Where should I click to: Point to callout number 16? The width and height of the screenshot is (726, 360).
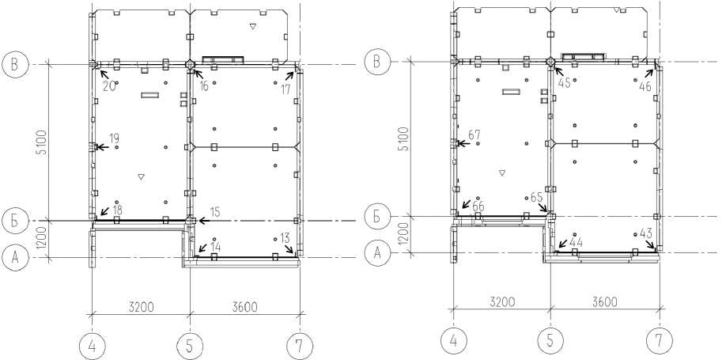[203, 85]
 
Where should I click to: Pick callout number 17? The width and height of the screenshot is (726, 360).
[285, 90]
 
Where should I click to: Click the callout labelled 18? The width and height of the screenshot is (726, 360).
[117, 210]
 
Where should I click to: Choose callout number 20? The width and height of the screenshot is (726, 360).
[109, 85]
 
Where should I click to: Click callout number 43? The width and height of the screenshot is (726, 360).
[645, 233]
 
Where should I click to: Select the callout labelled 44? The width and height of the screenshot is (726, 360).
[575, 241]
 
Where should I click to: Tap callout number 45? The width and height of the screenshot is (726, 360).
[565, 83]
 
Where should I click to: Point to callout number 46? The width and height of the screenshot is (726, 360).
[645, 85]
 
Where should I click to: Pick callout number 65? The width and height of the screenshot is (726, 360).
[536, 195]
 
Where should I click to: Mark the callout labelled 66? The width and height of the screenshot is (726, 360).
[478, 206]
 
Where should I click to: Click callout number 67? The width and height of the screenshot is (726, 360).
[475, 135]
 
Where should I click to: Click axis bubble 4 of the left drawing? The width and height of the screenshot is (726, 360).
[93, 346]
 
